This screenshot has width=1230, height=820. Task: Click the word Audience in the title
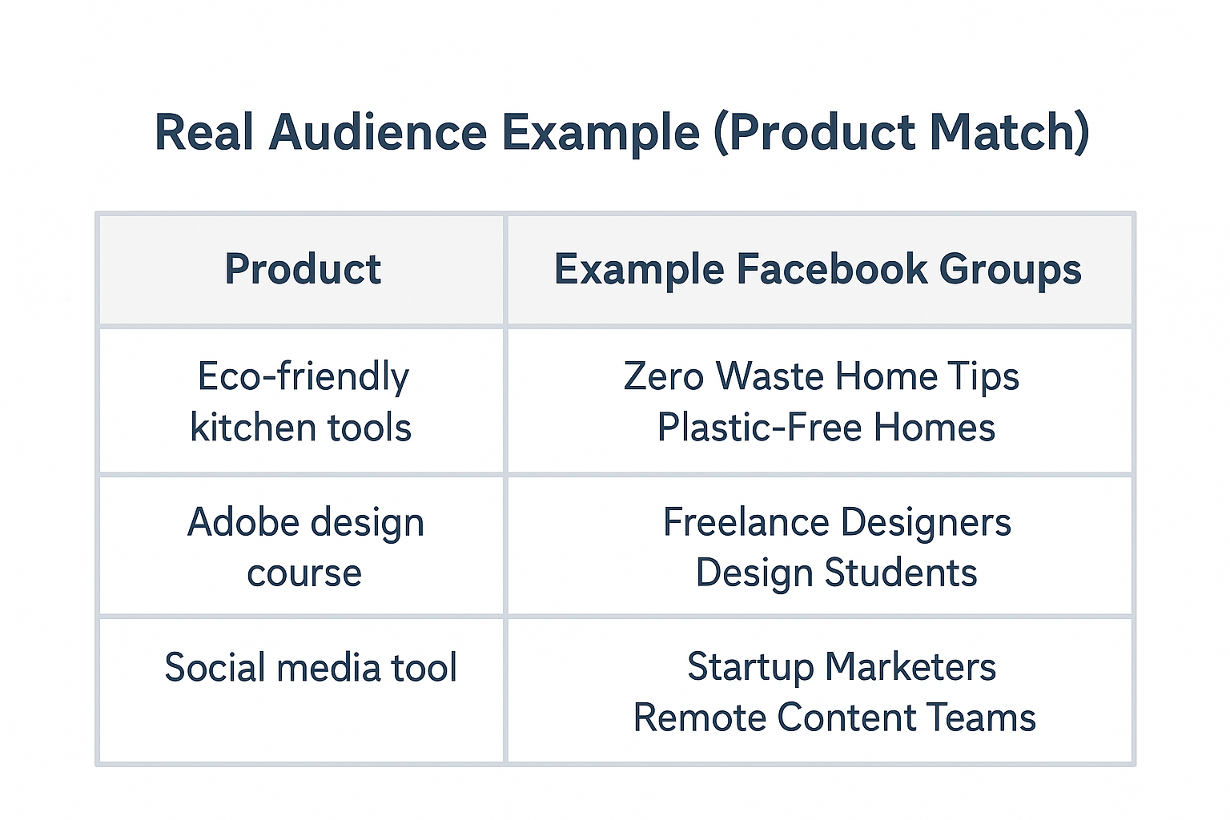[378, 132]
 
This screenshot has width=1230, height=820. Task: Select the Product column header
[303, 269]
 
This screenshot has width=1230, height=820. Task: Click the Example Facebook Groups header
[818, 269]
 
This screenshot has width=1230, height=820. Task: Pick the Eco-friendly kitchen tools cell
[302, 401]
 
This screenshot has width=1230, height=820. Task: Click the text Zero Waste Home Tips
[821, 376]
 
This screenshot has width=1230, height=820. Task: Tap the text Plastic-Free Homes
[826, 428]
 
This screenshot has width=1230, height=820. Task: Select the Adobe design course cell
[304, 547]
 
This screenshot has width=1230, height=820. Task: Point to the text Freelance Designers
[837, 523]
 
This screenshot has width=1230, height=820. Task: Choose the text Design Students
[836, 573]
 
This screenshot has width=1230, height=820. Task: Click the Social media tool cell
[311, 668]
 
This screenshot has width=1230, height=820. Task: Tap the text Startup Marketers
[842, 668]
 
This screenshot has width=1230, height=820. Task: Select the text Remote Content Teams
[834, 717]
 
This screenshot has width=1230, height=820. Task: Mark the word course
[304, 574]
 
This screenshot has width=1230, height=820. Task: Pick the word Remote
[698, 717]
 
